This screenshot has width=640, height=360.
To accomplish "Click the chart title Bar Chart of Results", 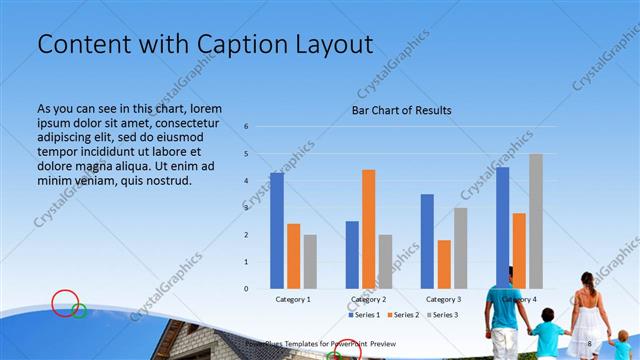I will coord(401,110).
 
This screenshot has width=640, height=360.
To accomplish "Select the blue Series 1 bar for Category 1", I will coord(277,230).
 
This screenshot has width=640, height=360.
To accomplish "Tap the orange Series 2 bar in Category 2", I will coord(369,228).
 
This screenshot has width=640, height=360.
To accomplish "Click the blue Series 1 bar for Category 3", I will coord(427,241).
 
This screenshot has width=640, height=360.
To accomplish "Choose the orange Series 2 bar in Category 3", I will coord(444,264).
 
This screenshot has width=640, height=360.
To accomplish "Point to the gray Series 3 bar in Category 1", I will coord(310,261).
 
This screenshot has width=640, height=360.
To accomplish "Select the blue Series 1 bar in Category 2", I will coord(352,254).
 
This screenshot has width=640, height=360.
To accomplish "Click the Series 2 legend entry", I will coord(403,315).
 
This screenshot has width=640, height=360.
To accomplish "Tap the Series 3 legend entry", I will coord(444,315).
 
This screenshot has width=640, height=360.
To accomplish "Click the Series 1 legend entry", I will coord(362,315).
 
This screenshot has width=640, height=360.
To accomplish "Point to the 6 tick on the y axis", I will coord(246,127).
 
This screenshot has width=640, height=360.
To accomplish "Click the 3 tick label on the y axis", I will coord(246,208).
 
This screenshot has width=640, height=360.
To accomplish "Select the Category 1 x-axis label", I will coord(293,299).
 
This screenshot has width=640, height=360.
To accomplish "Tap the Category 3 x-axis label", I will coord(444,299).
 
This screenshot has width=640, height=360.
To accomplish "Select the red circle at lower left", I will coord(64,303).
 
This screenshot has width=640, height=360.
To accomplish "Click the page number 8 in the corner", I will coord(590,344).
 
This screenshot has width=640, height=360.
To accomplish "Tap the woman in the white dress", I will coord(589,315).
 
